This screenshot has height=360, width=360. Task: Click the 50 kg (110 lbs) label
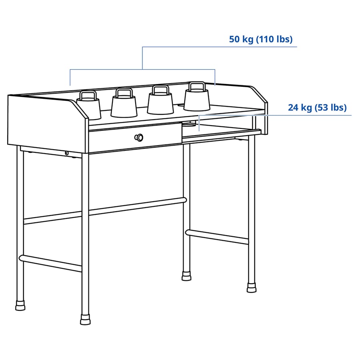point(261,39)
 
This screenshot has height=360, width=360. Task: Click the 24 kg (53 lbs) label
point(317,108)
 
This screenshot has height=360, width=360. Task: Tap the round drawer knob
point(138,137)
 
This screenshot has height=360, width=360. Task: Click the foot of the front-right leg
point(251,286)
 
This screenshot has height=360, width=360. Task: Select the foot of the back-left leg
point(20,306)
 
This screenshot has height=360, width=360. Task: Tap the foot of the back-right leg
point(186,276)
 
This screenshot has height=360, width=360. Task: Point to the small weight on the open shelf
point(190,126)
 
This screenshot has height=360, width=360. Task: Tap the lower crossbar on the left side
point(51,263)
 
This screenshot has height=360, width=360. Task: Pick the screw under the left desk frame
point(67,153)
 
